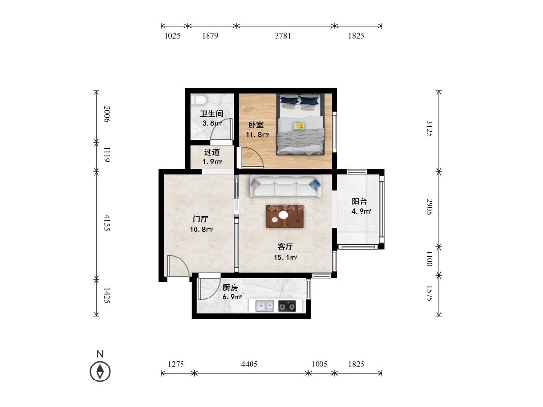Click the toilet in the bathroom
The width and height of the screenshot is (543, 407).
coord(199,100)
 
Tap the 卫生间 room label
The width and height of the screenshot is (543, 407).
coord(211,114)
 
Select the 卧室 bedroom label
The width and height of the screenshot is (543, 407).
coord(255,125)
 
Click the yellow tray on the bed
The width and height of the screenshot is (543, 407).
coord(298,126)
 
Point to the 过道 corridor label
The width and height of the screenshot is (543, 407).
coord(211,152)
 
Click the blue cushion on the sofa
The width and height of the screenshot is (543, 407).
coord(315,185)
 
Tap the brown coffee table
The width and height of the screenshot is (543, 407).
coord(285,217)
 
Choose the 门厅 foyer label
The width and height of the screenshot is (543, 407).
coord(200,219)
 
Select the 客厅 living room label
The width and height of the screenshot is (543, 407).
coord(285,246)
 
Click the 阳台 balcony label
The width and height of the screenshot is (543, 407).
coord(360,202)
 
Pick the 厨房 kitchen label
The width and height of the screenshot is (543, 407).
coord(230,287)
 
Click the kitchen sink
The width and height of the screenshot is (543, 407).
coord(265,306)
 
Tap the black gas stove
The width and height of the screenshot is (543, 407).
coord(288,306)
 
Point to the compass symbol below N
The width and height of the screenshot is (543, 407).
coord(100,372)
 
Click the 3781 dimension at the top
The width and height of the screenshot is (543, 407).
coord(283,36)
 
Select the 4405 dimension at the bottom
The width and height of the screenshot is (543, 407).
coord(250,364)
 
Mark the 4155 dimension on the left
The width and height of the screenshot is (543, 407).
coord(107,222)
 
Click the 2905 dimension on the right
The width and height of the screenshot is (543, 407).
coord(430,206)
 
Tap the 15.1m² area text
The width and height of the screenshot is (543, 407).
coord(285,257)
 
